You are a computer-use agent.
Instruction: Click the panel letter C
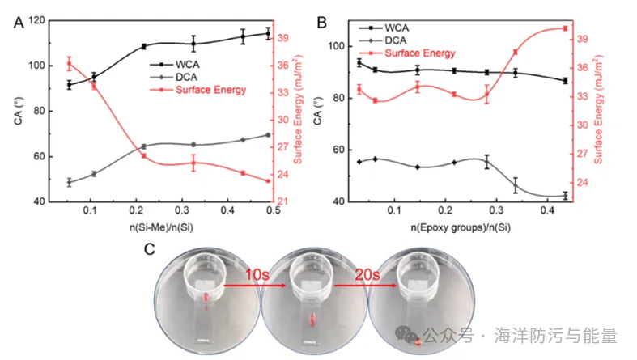click(x=149, y=248)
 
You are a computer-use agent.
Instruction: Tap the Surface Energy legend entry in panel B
click(x=419, y=53)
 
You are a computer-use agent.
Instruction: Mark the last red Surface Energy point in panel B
click(x=565, y=28)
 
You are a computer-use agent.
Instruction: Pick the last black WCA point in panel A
click(x=268, y=34)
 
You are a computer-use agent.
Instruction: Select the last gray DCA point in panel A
click(x=268, y=135)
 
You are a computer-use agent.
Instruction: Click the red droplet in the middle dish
click(x=312, y=325)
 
